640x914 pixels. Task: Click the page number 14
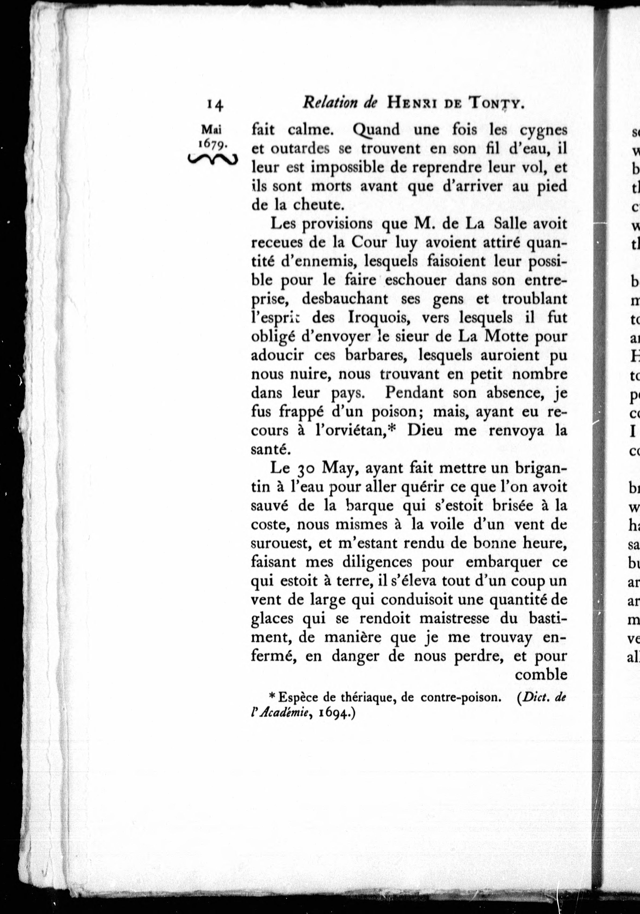coord(214,104)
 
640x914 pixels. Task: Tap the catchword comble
coord(541,675)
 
